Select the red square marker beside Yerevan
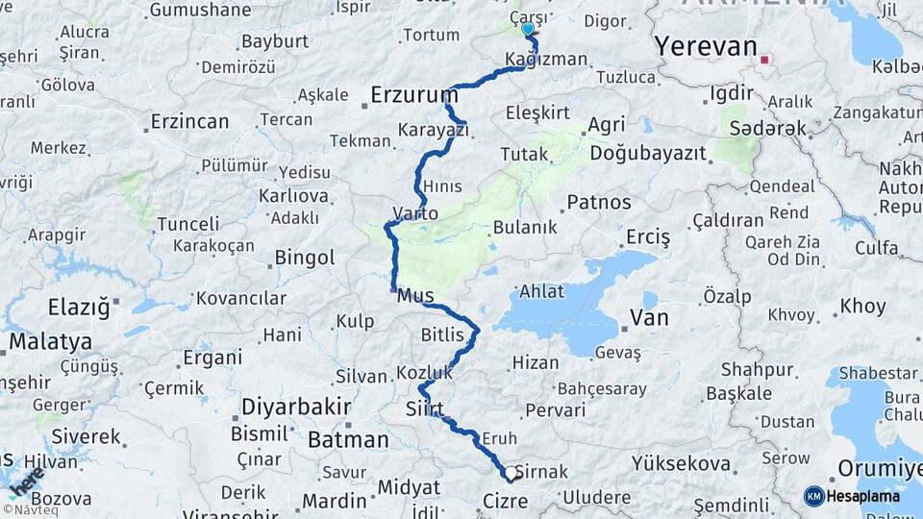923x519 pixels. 764,60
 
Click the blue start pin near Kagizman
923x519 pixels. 527,30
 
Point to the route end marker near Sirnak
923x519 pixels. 511,474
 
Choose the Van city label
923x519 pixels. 648,317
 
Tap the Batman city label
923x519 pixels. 347,440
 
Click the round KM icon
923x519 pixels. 813,496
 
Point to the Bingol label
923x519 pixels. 305,258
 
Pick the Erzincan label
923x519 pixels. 189,122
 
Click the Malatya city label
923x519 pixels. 50,341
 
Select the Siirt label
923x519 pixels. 424,409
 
